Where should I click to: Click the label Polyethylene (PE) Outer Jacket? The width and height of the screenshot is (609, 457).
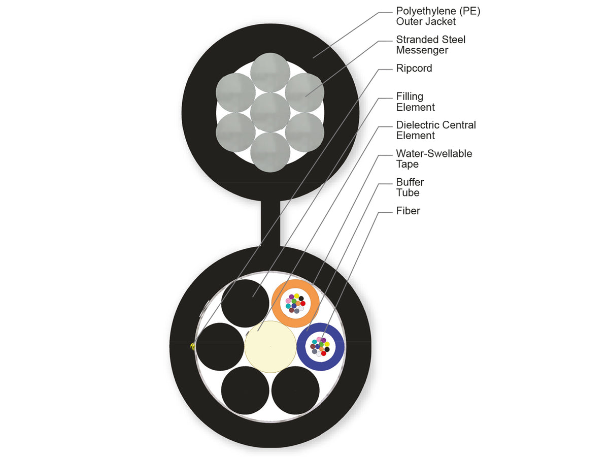click(x=438, y=16)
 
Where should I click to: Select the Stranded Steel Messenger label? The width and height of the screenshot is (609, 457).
click(x=430, y=45)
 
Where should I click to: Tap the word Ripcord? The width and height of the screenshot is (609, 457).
click(x=414, y=68)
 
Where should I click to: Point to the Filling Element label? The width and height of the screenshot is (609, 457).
click(x=415, y=102)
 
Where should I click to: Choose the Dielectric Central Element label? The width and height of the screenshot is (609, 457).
click(x=436, y=130)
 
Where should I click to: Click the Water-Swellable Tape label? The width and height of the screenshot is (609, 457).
click(x=434, y=159)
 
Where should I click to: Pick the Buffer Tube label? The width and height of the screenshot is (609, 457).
click(x=410, y=187)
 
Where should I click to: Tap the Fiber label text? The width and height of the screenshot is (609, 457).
click(x=408, y=211)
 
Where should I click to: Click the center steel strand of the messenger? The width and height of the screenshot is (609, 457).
click(x=270, y=112)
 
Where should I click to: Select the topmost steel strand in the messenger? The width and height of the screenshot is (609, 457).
click(x=270, y=73)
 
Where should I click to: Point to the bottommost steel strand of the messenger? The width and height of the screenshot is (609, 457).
click(x=270, y=152)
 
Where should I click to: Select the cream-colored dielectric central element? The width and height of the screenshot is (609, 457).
click(x=270, y=347)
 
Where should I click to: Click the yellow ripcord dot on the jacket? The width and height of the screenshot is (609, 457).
click(x=192, y=346)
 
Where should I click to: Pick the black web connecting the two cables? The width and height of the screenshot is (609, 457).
click(x=270, y=223)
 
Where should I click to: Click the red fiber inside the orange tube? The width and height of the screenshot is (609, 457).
click(x=302, y=303)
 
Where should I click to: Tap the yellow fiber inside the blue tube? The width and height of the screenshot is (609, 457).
click(x=327, y=344)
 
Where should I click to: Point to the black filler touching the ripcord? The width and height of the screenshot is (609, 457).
click(x=220, y=347)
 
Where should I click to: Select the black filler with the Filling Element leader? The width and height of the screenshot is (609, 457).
click(x=245, y=303)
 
